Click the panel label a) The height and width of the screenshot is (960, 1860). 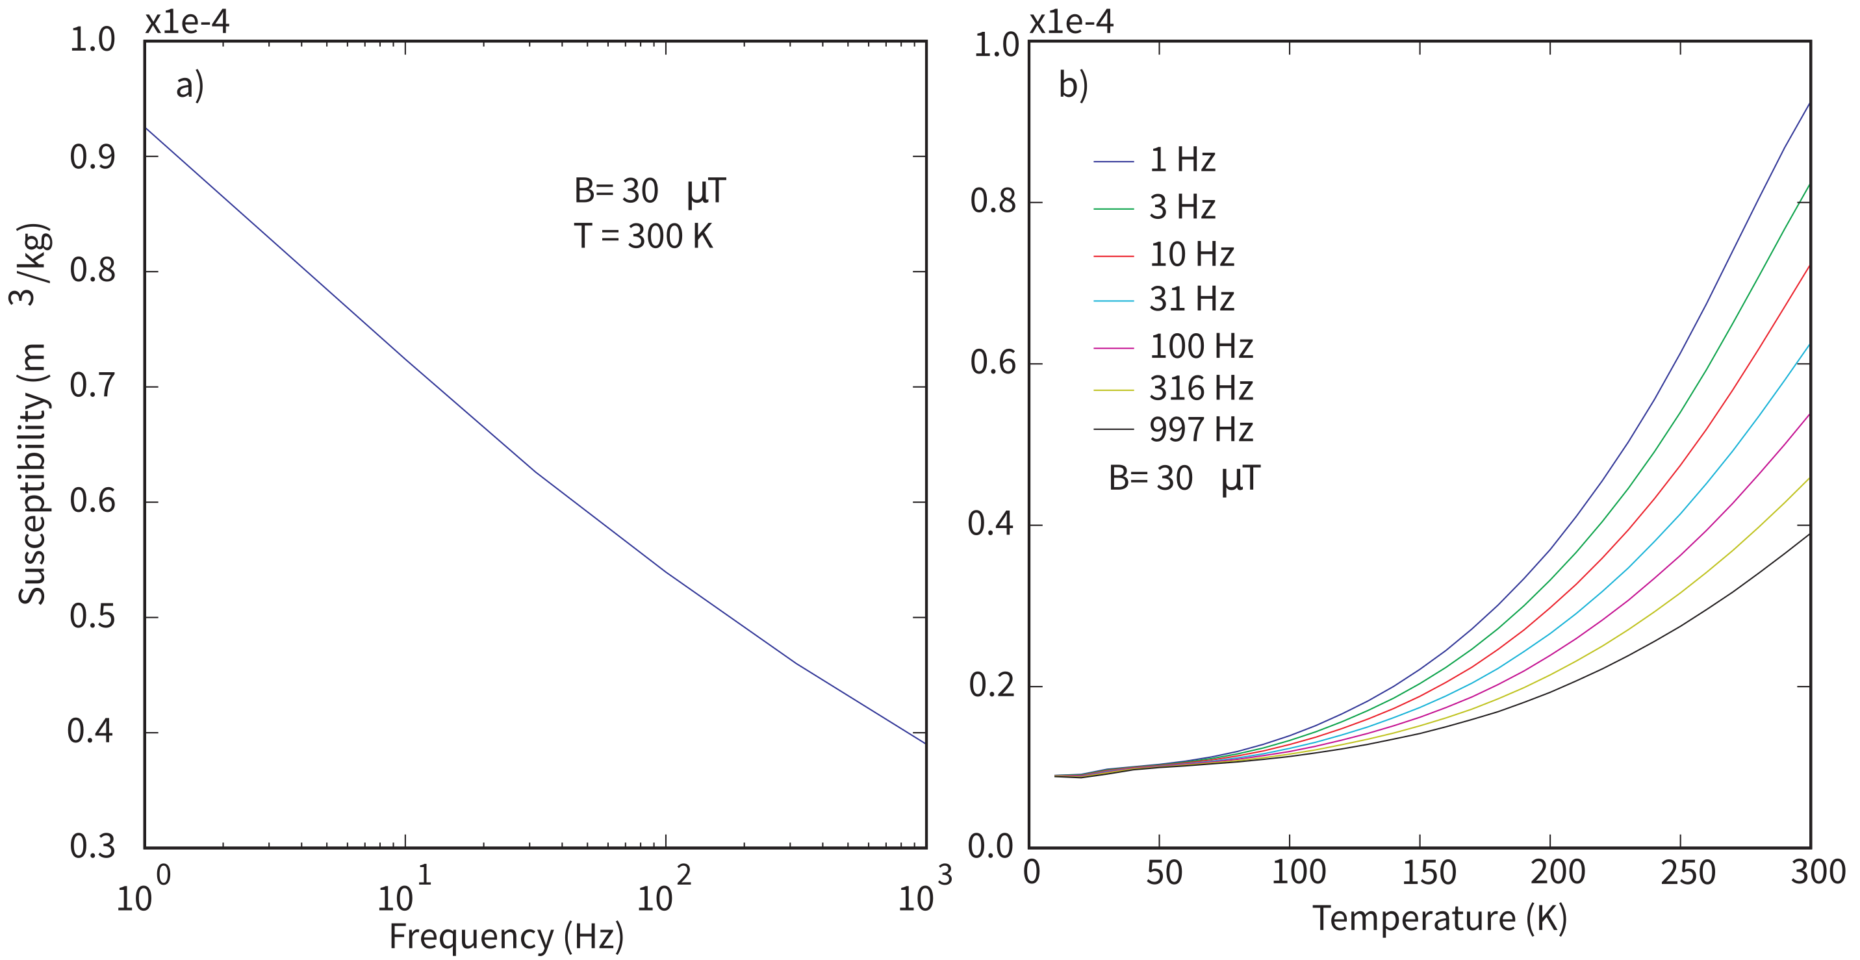190,86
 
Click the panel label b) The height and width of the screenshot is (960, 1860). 1073,86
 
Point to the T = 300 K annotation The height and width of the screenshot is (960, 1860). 643,236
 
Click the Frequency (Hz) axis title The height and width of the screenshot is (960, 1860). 506,937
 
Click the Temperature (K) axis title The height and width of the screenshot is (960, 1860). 1439,919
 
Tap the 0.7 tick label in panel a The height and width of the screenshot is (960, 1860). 92,386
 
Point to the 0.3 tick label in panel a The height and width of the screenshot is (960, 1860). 92,846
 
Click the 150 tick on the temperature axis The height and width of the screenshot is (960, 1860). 1428,873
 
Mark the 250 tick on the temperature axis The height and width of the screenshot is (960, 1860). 1687,873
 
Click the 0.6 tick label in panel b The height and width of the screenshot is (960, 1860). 993,362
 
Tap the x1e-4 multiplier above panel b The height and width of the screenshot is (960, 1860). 1071,21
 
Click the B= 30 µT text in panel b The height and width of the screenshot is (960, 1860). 1184,479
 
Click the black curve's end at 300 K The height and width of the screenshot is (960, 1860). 1808,534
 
